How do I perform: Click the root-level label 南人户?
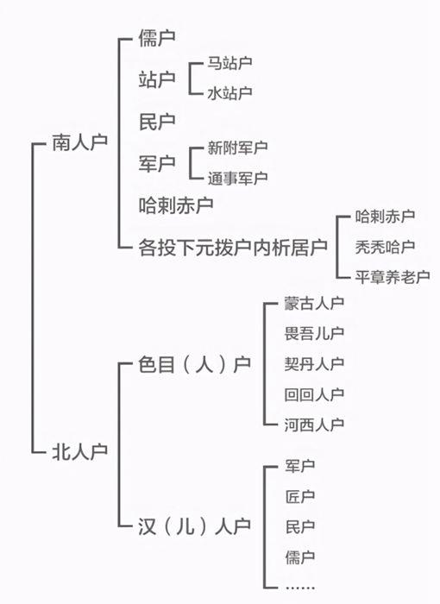[79, 143]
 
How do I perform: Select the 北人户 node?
[79, 451]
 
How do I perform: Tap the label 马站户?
[230, 63]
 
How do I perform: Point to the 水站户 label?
[230, 93]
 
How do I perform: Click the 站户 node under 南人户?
[157, 79]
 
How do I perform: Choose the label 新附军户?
[238, 148]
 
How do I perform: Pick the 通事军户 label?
[238, 178]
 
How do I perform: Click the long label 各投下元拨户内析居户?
[233, 248]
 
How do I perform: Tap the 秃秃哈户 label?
[385, 247]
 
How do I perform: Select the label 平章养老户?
[393, 277]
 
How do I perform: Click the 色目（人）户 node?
[195, 364]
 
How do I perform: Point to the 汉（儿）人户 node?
[195, 526]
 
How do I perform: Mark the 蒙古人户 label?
[314, 303]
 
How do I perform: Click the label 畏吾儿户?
[314, 334]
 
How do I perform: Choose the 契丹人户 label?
[314, 364]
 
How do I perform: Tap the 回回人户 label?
[314, 394]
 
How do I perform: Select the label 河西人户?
[314, 425]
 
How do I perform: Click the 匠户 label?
[300, 496]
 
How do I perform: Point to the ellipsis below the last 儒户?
[300, 588]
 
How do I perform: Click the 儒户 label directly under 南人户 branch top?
[157, 38]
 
